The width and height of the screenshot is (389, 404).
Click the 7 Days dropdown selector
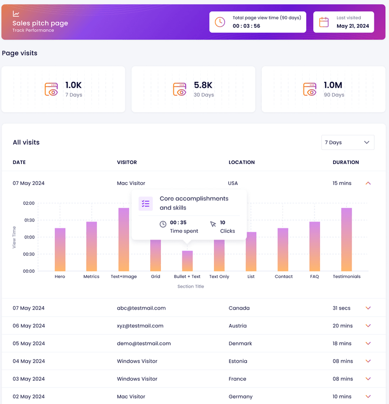[x=348, y=142]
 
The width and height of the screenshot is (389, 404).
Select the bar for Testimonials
[x=347, y=239]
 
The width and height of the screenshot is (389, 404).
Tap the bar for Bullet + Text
[x=187, y=261]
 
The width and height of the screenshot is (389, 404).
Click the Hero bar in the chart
[x=60, y=249]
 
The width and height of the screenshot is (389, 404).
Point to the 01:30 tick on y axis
[x=29, y=220]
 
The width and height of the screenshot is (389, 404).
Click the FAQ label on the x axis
[x=315, y=276]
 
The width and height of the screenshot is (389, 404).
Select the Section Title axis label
[x=191, y=287]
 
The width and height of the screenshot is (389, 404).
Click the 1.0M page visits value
[x=334, y=85]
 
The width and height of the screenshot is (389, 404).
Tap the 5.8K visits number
[x=203, y=85]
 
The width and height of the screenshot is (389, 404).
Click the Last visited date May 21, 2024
[x=353, y=26]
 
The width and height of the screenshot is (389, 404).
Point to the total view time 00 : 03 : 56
[x=246, y=26]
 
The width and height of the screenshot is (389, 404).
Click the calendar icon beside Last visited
[x=324, y=22]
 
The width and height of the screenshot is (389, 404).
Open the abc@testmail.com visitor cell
[x=141, y=308]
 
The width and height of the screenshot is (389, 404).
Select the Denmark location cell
[x=240, y=343]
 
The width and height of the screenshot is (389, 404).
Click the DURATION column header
[x=346, y=162]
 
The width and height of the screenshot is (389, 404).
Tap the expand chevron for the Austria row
[x=368, y=326]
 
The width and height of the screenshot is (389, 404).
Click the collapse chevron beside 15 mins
[x=368, y=184]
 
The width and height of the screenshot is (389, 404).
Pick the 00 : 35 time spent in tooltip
[x=178, y=222]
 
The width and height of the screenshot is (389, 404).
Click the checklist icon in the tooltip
[x=145, y=203]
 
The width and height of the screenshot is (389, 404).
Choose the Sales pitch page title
[x=40, y=23]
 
